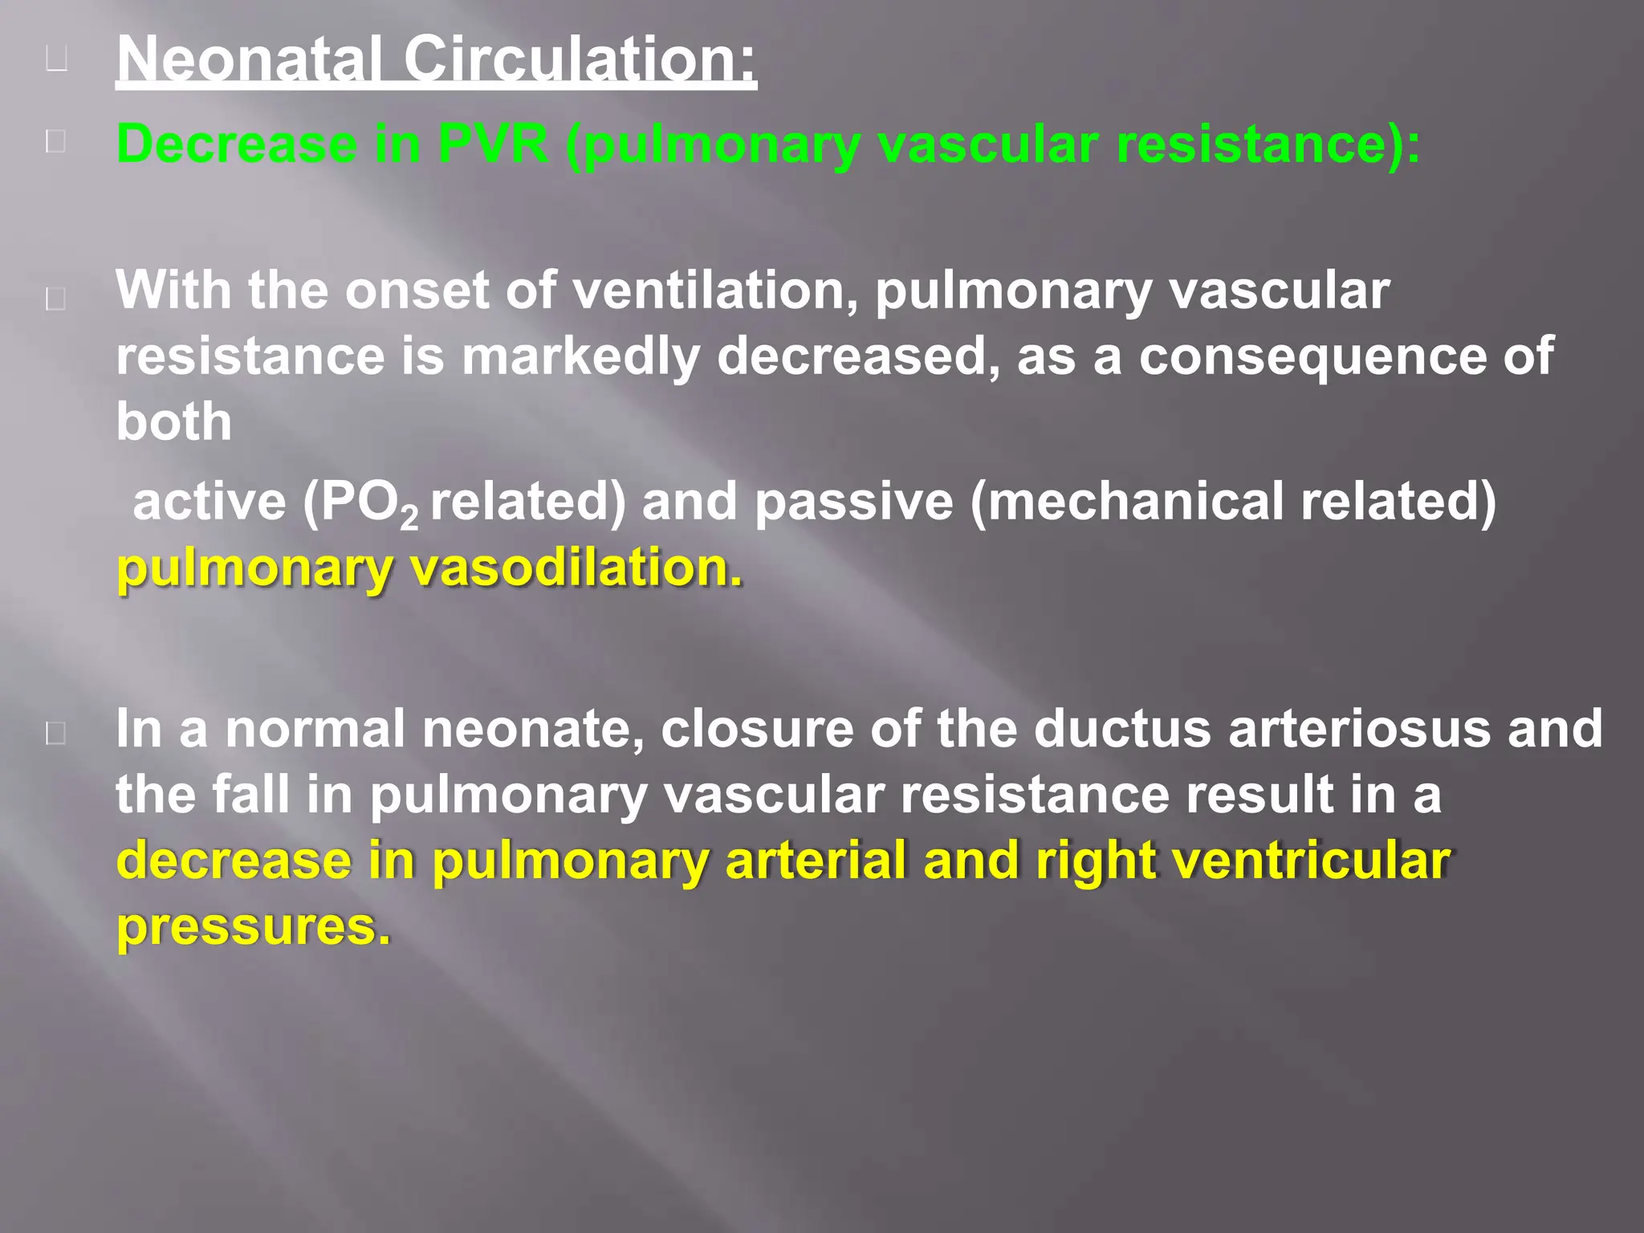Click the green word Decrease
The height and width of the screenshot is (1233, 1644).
[237, 144]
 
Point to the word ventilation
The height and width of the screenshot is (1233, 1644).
[715, 290]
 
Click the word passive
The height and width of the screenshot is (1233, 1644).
[854, 503]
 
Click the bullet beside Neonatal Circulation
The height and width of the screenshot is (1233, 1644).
[56, 59]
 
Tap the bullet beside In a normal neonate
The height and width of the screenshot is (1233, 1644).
[56, 732]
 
